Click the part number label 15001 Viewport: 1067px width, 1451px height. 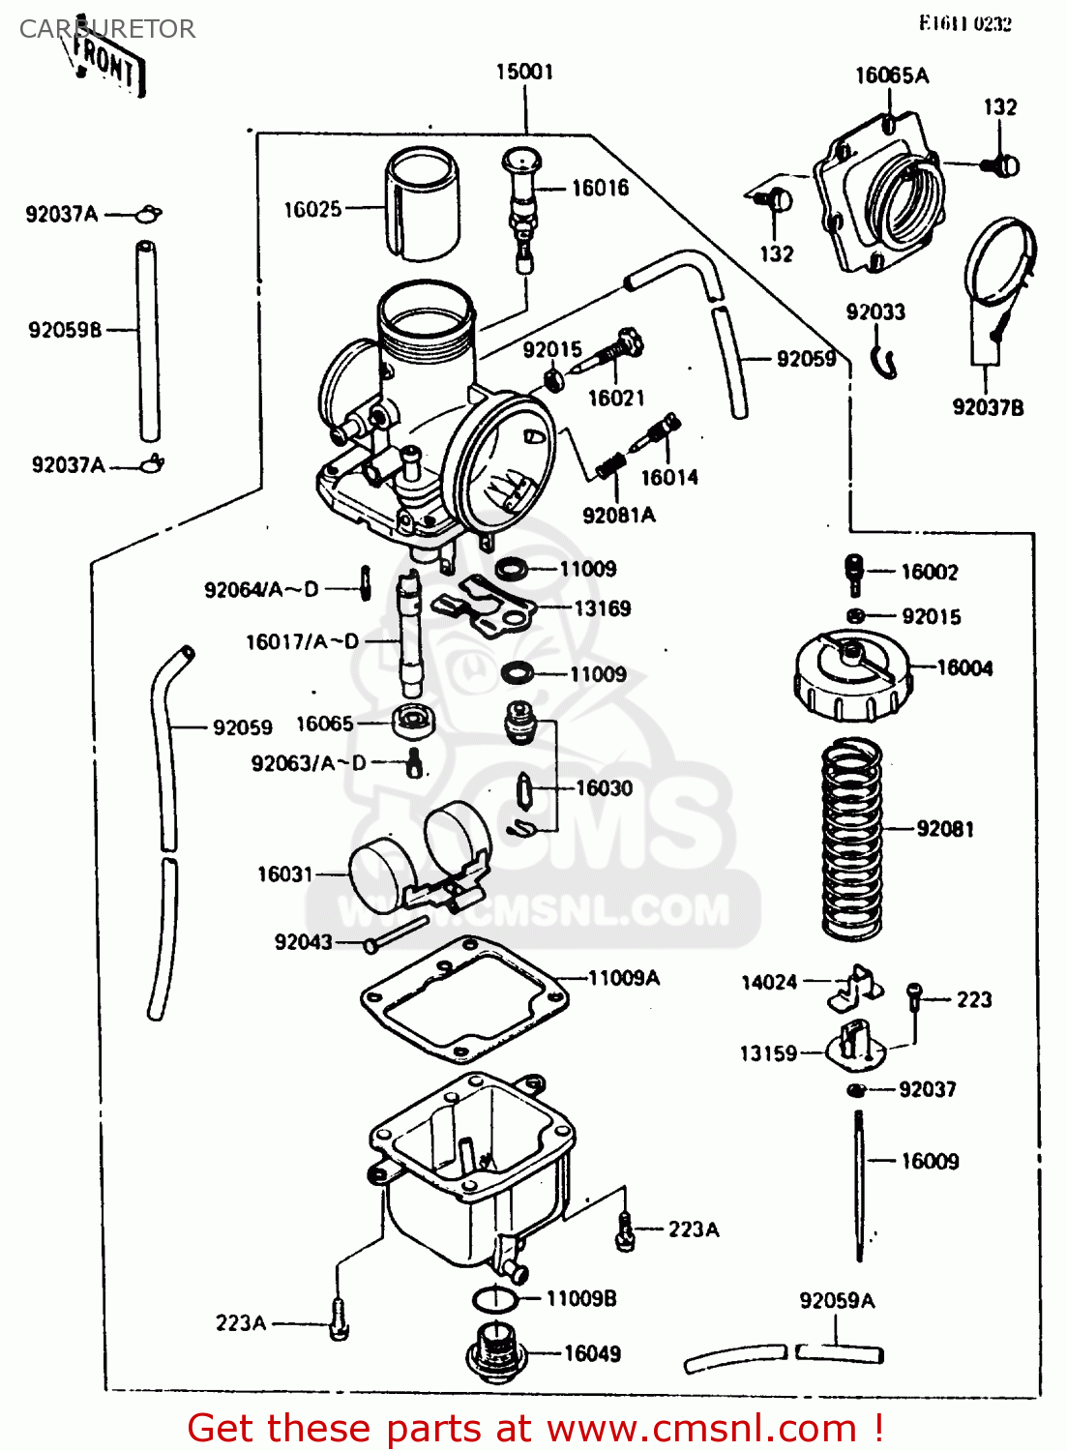524,73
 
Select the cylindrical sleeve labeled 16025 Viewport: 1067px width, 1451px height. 423,204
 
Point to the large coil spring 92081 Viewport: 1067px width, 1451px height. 851,838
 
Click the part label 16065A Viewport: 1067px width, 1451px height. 891,75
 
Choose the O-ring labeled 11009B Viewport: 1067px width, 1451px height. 495,1298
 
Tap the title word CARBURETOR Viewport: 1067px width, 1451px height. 107,29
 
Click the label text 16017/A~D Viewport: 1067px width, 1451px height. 302,641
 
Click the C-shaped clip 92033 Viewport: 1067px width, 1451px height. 884,362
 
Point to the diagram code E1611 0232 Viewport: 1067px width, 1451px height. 964,23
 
